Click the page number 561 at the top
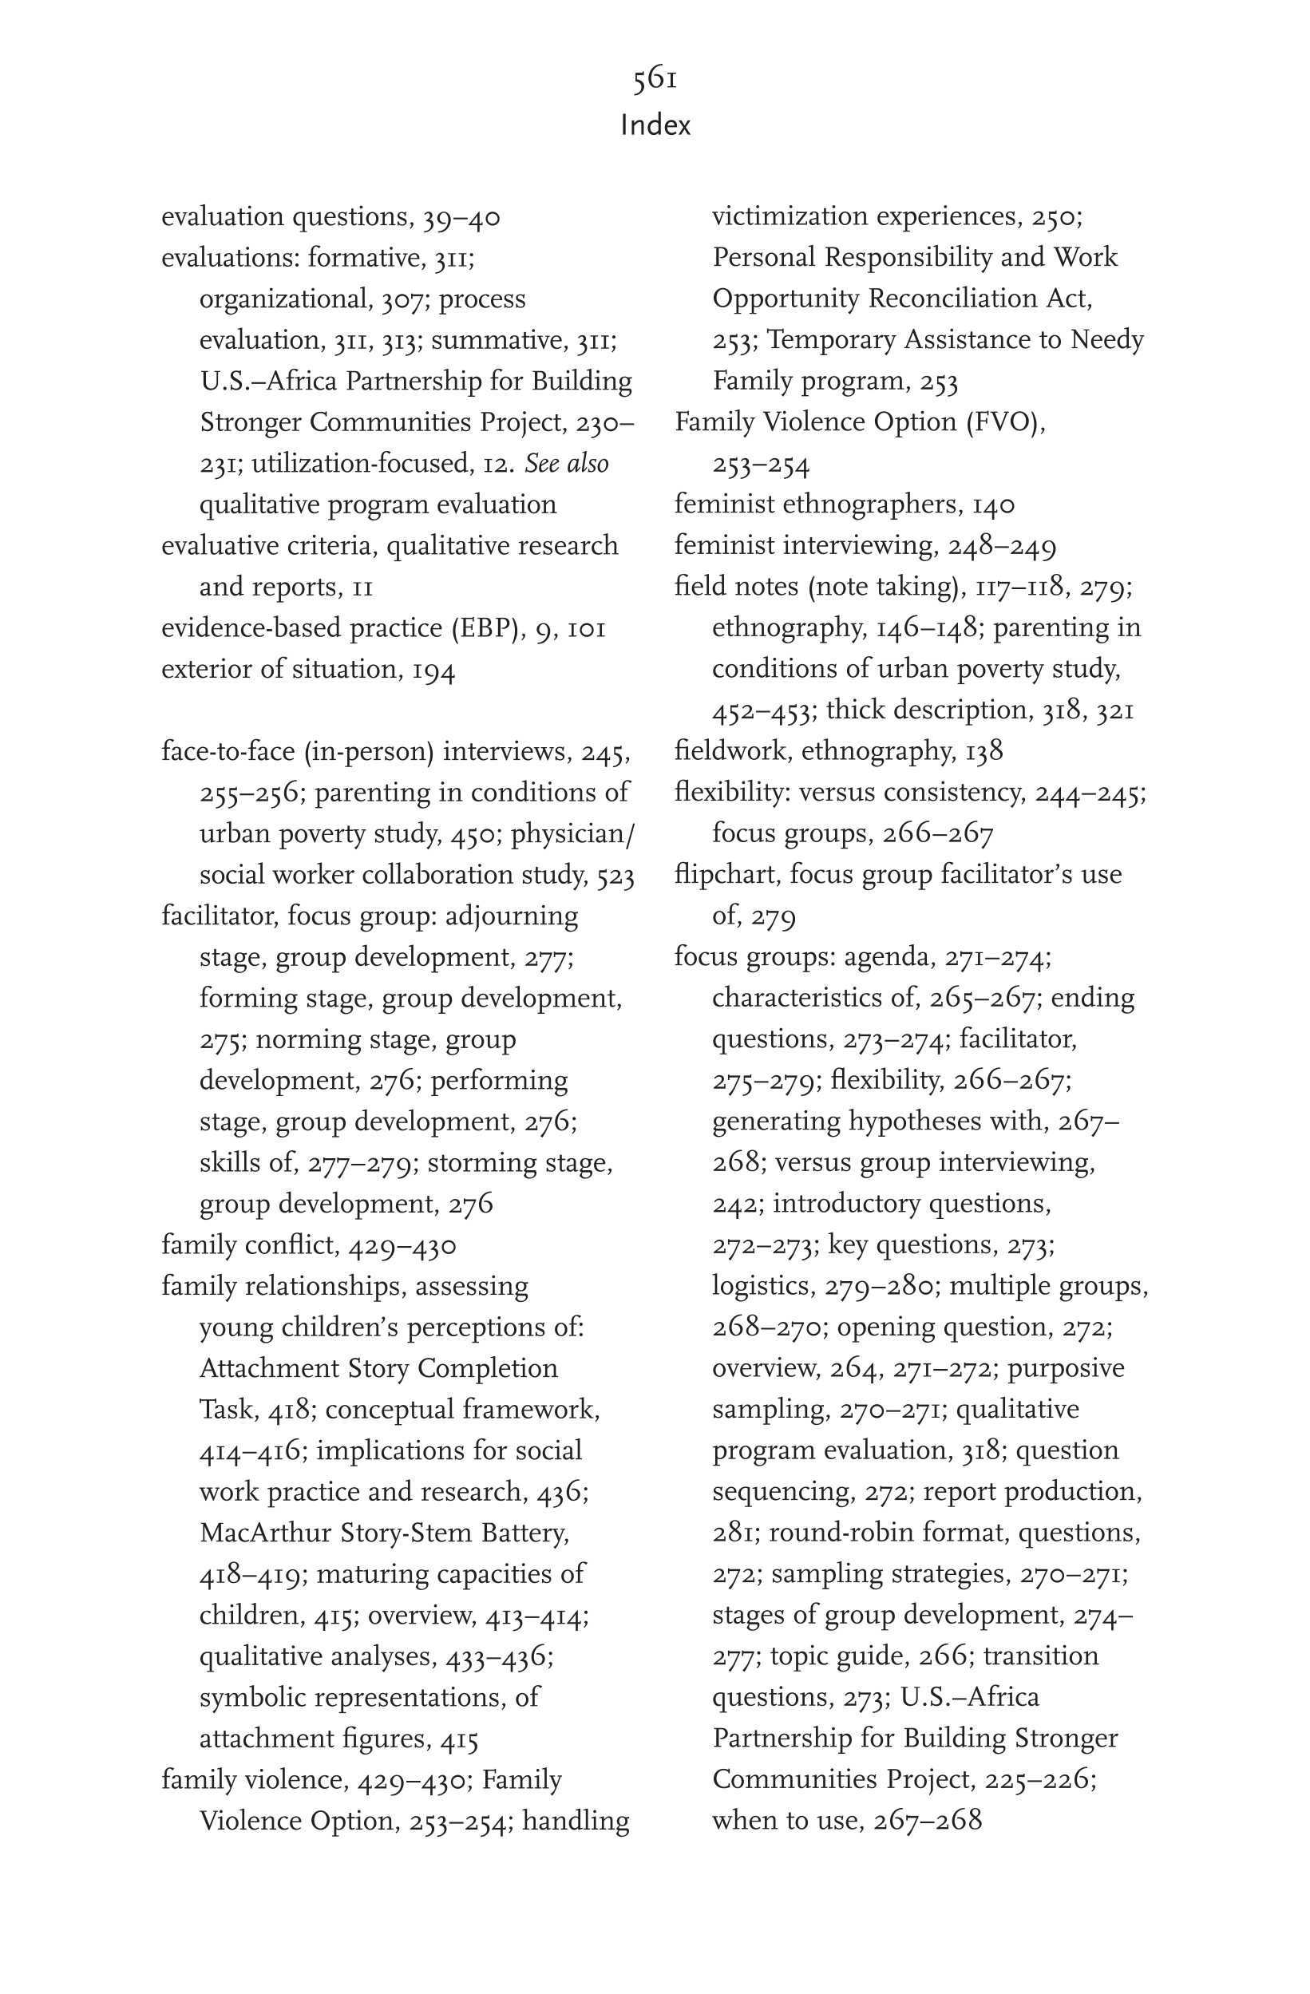tap(655, 79)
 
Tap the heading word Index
tap(655, 125)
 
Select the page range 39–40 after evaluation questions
tap(461, 218)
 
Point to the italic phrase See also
tap(567, 463)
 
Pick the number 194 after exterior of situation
tap(433, 670)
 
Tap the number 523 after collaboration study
tap(615, 876)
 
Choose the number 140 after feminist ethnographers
tap(993, 504)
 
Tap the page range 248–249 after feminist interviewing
tap(1002, 546)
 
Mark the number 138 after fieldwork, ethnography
tap(984, 750)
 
